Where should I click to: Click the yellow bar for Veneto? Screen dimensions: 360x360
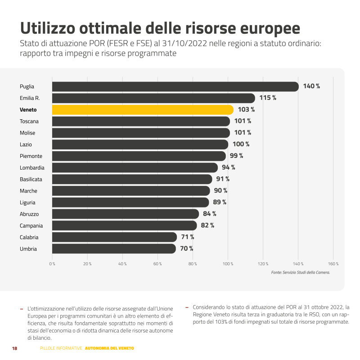coord(143,110)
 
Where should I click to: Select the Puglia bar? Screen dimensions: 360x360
coord(175,86)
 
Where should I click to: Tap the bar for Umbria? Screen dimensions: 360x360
coord(114,249)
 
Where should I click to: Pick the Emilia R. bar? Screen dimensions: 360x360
coord(153,98)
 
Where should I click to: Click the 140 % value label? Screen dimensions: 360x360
coord(311,86)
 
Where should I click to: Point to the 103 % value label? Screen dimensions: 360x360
coord(246,110)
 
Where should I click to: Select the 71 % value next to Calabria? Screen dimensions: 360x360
coord(188,237)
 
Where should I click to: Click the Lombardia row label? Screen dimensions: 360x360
coord(32,168)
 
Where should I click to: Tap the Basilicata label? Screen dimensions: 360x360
coord(31,180)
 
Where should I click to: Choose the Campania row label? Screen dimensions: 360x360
coord(31,226)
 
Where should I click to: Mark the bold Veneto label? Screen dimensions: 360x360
coord(28,110)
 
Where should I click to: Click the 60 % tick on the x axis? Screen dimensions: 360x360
coord(157,264)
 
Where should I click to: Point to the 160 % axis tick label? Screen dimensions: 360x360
coord(333,264)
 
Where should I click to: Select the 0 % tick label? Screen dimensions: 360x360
coord(52,264)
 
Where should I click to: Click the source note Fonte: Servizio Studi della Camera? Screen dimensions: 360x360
coord(301,273)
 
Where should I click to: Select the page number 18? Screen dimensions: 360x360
coord(14,349)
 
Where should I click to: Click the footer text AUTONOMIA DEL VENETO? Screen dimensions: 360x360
coord(109,349)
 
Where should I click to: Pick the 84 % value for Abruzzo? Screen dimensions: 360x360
coord(210,214)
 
